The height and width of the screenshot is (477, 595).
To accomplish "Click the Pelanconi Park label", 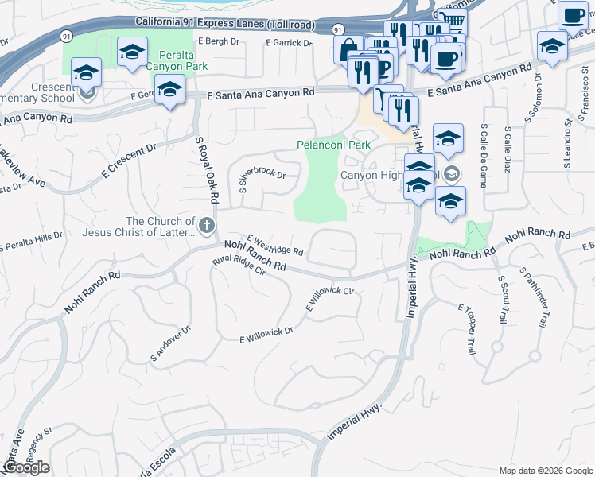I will [x=334, y=145].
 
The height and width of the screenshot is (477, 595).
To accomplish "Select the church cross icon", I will [x=206, y=227].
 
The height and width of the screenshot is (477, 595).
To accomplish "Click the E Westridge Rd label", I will [x=275, y=245].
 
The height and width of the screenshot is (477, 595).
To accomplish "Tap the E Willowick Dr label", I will [x=266, y=335].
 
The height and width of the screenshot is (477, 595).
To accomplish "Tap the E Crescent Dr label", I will [x=128, y=161].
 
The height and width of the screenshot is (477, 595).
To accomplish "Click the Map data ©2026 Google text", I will [x=546, y=470].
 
